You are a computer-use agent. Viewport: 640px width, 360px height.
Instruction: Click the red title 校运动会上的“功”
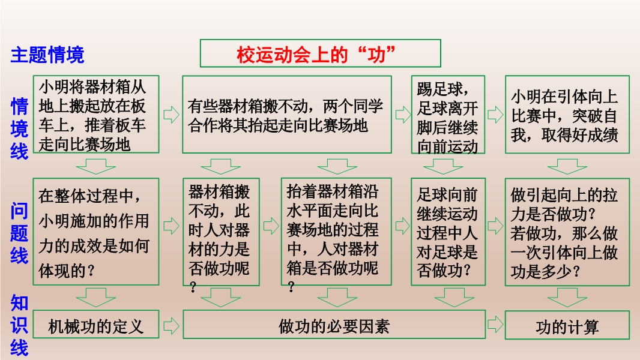click(x=316, y=54)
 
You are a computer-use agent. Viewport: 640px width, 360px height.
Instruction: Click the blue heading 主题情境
click(x=47, y=55)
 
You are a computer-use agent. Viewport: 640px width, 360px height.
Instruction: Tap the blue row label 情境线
click(x=19, y=128)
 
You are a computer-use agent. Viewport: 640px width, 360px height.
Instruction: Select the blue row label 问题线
click(x=19, y=233)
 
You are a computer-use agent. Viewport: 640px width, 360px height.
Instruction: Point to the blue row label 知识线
click(x=19, y=325)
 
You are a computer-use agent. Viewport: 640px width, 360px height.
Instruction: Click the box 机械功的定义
click(x=96, y=325)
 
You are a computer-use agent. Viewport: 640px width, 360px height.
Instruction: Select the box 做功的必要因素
click(x=334, y=325)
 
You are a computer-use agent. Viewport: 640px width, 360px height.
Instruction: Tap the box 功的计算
click(x=567, y=325)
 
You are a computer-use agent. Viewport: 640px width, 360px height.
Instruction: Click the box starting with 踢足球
click(x=448, y=115)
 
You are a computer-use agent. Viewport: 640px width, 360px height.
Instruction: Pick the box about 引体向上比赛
click(x=567, y=115)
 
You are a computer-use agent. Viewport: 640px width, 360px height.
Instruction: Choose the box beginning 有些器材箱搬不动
click(x=287, y=115)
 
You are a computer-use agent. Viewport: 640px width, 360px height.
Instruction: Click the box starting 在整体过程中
click(x=96, y=232)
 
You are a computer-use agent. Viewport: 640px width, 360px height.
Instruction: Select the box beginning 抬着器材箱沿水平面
click(x=336, y=232)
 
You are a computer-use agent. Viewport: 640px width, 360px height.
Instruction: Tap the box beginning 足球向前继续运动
click(x=448, y=232)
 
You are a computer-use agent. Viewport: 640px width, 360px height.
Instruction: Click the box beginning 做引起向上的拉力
click(x=567, y=232)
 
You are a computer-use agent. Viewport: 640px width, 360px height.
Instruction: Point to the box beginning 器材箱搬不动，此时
click(x=221, y=232)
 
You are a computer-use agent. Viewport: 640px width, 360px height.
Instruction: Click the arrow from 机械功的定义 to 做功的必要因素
click(x=171, y=326)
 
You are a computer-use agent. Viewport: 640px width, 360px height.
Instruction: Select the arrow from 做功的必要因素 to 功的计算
click(x=495, y=325)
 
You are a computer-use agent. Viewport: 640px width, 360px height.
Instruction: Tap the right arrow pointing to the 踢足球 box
click(x=403, y=115)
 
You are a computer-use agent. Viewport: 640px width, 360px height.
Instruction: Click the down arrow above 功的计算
click(x=567, y=298)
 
